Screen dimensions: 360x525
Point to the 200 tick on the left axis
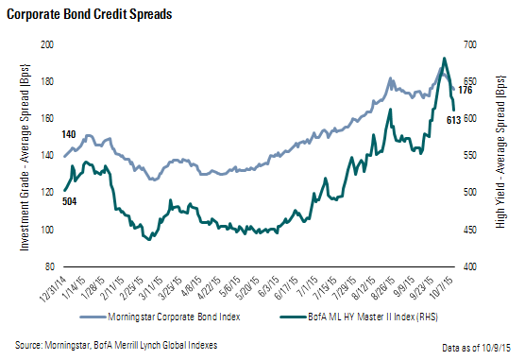point(46,45)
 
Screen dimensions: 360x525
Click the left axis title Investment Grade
point(21,156)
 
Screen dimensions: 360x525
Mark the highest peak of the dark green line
point(445,59)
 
